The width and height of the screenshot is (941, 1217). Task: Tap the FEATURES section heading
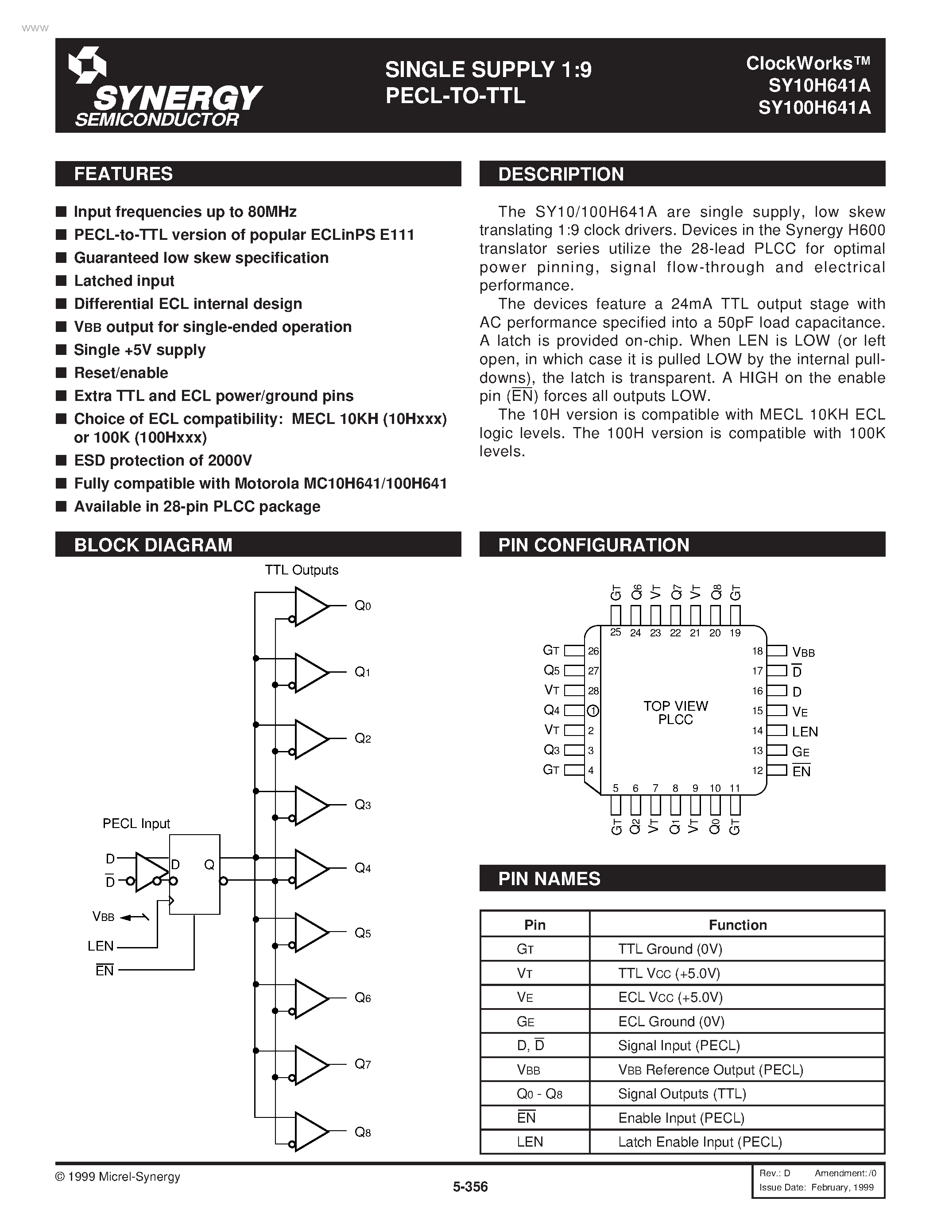click(x=123, y=174)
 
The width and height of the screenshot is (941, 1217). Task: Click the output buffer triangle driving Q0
click(x=311, y=606)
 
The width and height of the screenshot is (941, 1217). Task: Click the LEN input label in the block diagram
click(x=101, y=946)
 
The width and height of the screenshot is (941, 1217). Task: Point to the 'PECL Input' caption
click(x=136, y=824)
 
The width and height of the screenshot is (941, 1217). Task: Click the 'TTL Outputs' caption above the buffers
click(x=302, y=570)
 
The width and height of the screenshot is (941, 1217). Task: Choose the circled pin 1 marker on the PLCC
click(x=592, y=710)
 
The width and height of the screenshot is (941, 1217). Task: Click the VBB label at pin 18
click(x=803, y=652)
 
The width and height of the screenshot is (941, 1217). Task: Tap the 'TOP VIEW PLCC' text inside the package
click(x=676, y=712)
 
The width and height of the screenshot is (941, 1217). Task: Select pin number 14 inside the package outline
click(x=757, y=731)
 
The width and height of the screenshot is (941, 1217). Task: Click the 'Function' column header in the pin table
click(x=738, y=925)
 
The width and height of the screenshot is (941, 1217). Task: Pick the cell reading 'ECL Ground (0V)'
click(x=671, y=1021)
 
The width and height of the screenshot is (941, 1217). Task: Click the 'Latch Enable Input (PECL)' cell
click(x=700, y=1142)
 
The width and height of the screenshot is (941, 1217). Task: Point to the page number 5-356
click(x=470, y=1187)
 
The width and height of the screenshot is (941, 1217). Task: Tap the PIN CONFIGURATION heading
click(x=594, y=545)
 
